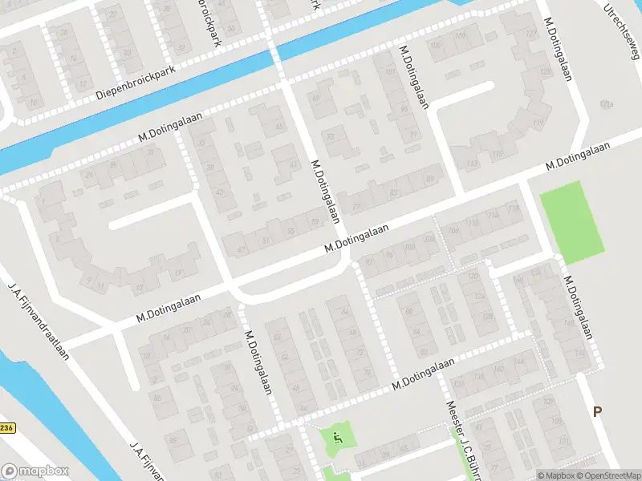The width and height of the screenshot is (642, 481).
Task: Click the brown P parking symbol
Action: pos(596,412)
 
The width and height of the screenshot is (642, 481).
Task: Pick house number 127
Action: pos(531,34)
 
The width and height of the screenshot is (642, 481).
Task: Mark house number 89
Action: pos(432,178)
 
